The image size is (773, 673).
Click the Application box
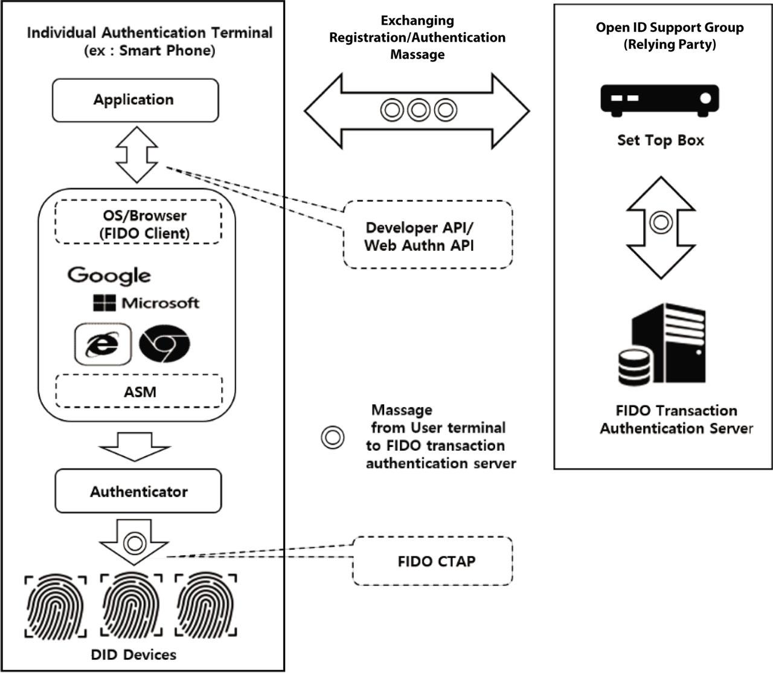(135, 100)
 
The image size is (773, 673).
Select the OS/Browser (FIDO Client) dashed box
(138, 223)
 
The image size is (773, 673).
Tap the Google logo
(109, 275)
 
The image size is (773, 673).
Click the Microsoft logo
(146, 303)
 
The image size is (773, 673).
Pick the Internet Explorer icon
(103, 344)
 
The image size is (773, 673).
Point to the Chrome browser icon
(164, 344)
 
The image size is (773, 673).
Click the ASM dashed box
(139, 391)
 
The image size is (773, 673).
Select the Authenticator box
(138, 492)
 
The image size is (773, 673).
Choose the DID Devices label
(133, 654)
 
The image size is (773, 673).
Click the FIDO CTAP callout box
(432, 561)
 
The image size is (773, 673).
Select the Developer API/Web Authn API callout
(428, 235)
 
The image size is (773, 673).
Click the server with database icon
(661, 346)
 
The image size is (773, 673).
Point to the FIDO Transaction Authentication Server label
(676, 419)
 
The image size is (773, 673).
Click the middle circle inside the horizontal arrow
(418, 111)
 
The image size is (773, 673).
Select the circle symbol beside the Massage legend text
(332, 437)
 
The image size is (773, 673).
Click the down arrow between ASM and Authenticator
(135, 446)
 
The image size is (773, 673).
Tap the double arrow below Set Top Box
(661, 227)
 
